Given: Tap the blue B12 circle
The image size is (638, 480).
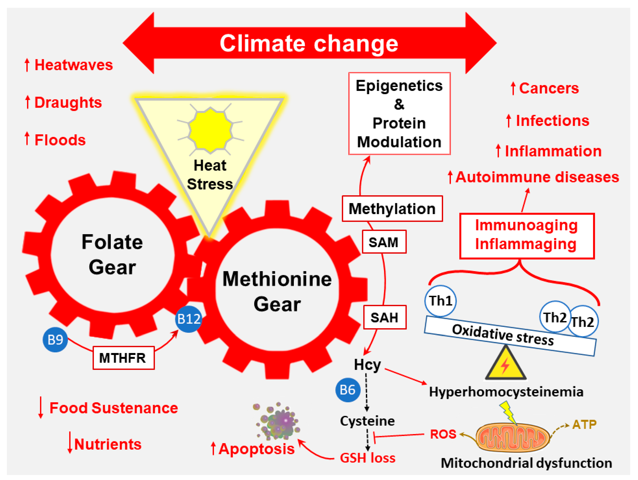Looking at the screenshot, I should tap(189, 319).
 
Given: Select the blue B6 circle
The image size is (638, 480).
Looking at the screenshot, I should tap(348, 390).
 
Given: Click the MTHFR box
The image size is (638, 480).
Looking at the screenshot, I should tap(124, 358).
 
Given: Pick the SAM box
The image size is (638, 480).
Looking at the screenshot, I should tap(384, 242).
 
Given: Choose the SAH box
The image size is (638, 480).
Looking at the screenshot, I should tap(384, 318).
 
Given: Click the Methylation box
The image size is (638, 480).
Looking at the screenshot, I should tap(392, 209).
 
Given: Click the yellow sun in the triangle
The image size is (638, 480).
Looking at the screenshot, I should tap(210, 130).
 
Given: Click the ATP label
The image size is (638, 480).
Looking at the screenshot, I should tap(584, 424).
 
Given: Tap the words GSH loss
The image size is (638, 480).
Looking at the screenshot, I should tap(367, 458).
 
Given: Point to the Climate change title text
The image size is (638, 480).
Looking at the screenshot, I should tap(309, 44).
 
